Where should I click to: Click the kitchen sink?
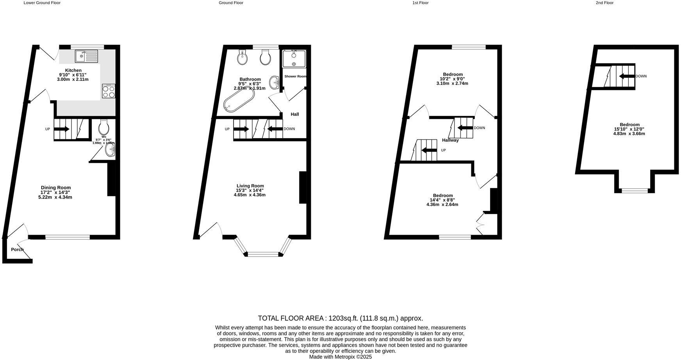pyautogui.click(x=87, y=56)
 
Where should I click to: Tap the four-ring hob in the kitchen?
pyautogui.click(x=109, y=91)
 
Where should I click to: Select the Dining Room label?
pyautogui.click(x=56, y=188)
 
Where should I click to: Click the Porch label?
pyautogui.click(x=17, y=250)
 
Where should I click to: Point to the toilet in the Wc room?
pyautogui.click(x=103, y=127)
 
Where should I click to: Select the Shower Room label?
pyautogui.click(x=295, y=77)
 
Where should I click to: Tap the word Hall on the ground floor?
pyautogui.click(x=295, y=114)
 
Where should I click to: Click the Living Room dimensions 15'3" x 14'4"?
pyautogui.click(x=250, y=191)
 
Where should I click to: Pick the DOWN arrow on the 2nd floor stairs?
pyautogui.click(x=627, y=76)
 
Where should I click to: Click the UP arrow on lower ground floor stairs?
pyautogui.click(x=62, y=129)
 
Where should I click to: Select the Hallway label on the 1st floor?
pyautogui.click(x=450, y=140)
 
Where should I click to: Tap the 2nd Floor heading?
pyautogui.click(x=604, y=3)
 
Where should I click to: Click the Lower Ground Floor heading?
pyautogui.click(x=42, y=3)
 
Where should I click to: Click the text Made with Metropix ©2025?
pyautogui.click(x=340, y=356)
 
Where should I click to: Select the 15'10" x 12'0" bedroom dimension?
pyautogui.click(x=629, y=129)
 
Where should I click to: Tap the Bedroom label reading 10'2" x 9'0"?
pyautogui.click(x=453, y=75)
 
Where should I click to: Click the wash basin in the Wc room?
pyautogui.click(x=110, y=151)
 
